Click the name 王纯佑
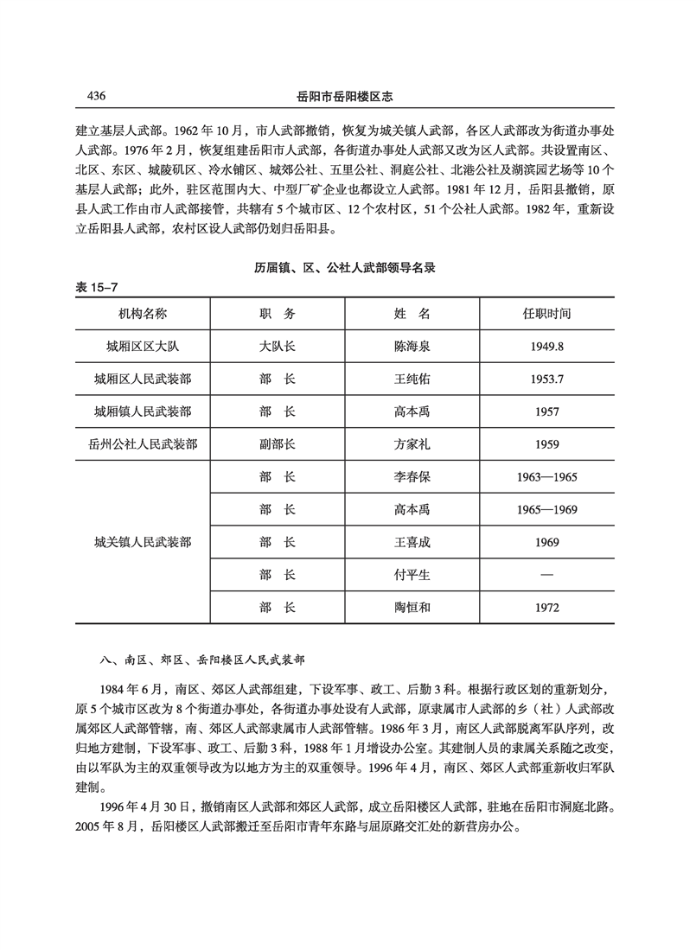tap(412, 379)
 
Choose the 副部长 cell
tap(277, 444)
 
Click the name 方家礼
tap(412, 444)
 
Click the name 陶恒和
tap(412, 608)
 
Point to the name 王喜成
tap(412, 543)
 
